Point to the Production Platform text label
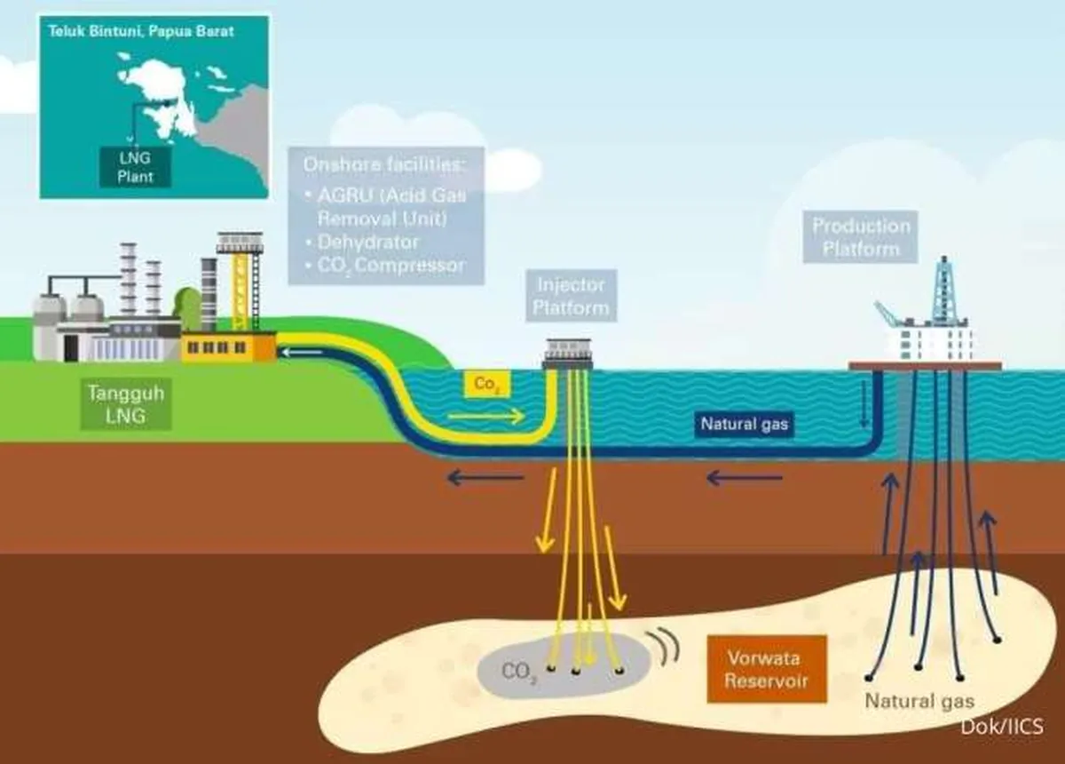click(861, 236)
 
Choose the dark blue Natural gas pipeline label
click(744, 424)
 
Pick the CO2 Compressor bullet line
click(383, 265)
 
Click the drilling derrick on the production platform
click(944, 289)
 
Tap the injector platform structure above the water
click(568, 353)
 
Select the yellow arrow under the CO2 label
click(486, 415)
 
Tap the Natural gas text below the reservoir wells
click(919, 701)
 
